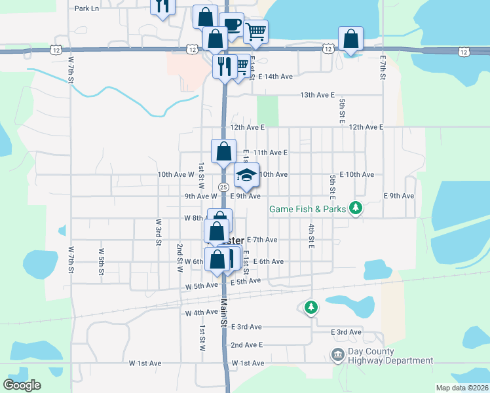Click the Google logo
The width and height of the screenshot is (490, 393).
click(22, 385)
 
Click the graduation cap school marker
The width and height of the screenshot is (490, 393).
click(246, 175)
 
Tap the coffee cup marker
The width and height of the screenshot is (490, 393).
click(231, 25)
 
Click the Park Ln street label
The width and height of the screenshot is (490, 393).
click(86, 9)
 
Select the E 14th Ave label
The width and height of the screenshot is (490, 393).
click(275, 77)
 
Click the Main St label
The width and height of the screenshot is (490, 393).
click(223, 312)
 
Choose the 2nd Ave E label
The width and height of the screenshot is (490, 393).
click(246, 345)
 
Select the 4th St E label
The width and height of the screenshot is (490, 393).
click(312, 236)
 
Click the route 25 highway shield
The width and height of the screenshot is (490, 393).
click(223, 187)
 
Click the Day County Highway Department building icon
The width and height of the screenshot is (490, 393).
click(337, 356)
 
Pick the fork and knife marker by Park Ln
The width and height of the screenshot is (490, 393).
click(162, 6)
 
